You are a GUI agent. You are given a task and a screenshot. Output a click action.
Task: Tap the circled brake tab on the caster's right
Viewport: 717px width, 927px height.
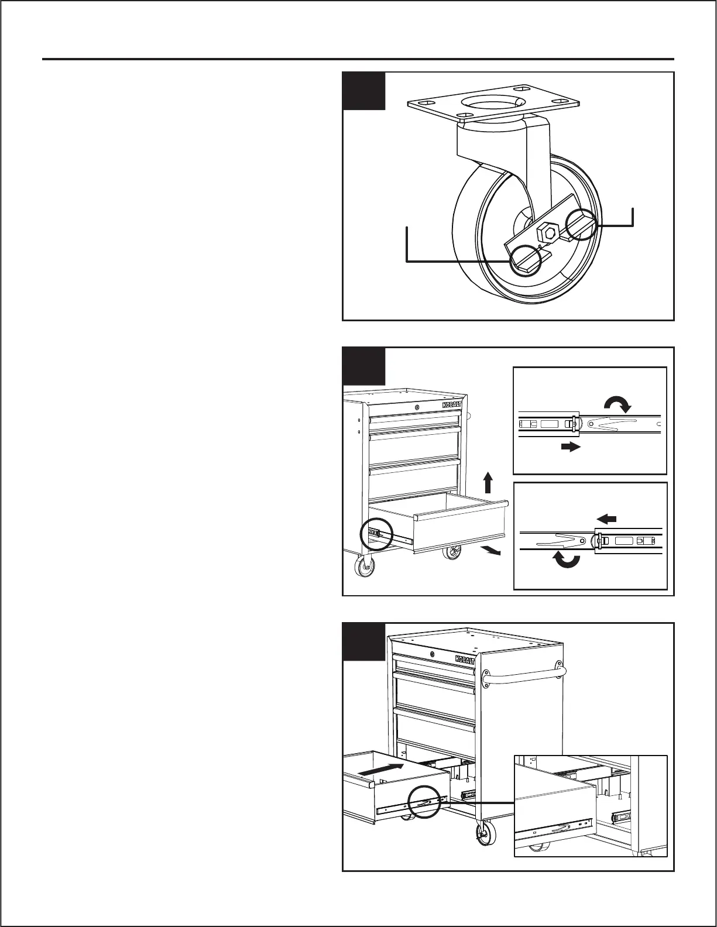tap(582, 224)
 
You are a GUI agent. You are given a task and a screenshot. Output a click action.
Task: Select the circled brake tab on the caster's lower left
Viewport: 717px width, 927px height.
tap(525, 260)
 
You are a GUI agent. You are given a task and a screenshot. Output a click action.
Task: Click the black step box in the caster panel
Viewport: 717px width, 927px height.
tap(363, 91)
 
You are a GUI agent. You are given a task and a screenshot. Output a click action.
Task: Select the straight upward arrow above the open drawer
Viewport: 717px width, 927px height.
tap(487, 484)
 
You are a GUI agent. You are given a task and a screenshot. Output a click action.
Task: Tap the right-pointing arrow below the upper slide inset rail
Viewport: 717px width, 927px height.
tap(570, 447)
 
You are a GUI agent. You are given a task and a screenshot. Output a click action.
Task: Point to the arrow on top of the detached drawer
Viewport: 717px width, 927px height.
tap(381, 769)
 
